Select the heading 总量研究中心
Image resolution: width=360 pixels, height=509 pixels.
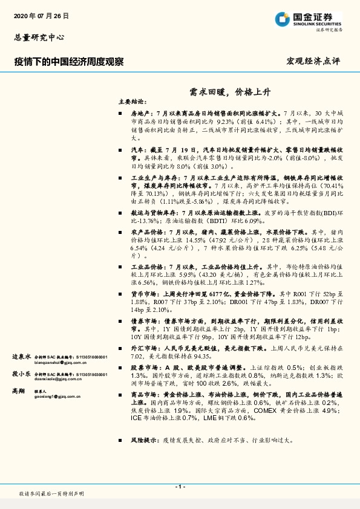coord(39,37)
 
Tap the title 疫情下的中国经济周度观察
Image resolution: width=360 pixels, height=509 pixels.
coord(69,62)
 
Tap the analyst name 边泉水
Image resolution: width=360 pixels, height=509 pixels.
coord(22,357)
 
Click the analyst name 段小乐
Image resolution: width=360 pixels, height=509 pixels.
coord(22,374)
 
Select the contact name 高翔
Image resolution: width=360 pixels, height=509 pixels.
coord(18,392)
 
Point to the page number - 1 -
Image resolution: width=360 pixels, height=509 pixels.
coord(180,487)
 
